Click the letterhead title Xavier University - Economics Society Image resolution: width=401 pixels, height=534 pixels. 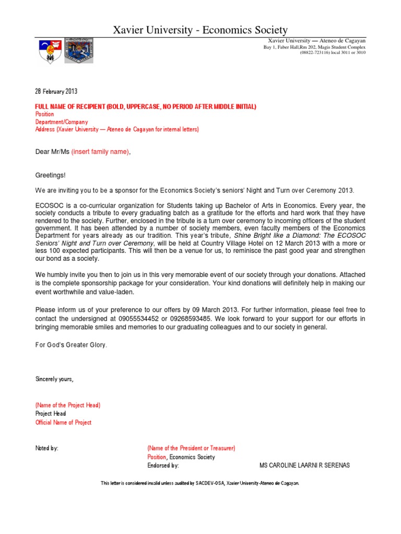[x=200, y=31]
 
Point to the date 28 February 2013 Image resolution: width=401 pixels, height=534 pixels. [x=56, y=91]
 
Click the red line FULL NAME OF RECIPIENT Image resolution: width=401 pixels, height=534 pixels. [x=146, y=107]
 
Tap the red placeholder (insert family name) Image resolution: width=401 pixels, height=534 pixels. [x=99, y=152]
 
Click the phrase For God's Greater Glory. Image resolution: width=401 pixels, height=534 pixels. [x=72, y=345]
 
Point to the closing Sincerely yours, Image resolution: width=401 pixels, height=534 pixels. [x=54, y=379]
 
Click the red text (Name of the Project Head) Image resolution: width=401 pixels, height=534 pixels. [x=67, y=405]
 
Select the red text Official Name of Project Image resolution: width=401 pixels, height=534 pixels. [x=63, y=422]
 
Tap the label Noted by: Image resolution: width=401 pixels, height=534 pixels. [x=46, y=448]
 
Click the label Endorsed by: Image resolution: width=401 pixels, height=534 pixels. [x=163, y=465]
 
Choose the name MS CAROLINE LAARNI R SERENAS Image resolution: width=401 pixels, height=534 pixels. [x=304, y=465]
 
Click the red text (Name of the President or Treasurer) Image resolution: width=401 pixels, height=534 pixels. [x=191, y=448]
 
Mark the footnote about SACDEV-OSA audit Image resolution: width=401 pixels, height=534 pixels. [x=200, y=483]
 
